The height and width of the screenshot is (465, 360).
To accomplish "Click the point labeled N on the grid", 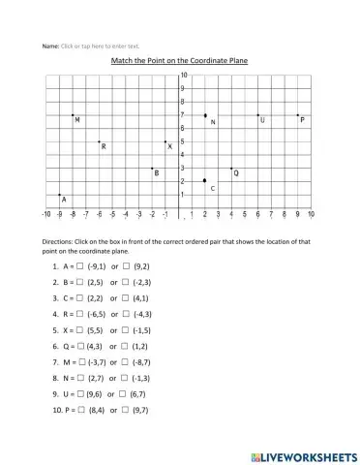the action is (205, 115).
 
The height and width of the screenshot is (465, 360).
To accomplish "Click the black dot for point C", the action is (205, 180).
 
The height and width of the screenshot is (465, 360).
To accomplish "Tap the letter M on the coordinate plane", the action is (77, 120).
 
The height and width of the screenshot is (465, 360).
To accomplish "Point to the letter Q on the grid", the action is (236, 173).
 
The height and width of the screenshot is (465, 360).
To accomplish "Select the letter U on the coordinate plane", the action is (262, 120).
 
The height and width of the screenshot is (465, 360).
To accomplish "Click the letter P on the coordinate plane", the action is (302, 120).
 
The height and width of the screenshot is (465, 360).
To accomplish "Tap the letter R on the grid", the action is (104, 147).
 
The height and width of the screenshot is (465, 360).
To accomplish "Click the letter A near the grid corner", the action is (64, 199).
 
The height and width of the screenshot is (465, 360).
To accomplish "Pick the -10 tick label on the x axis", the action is (45, 213).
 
